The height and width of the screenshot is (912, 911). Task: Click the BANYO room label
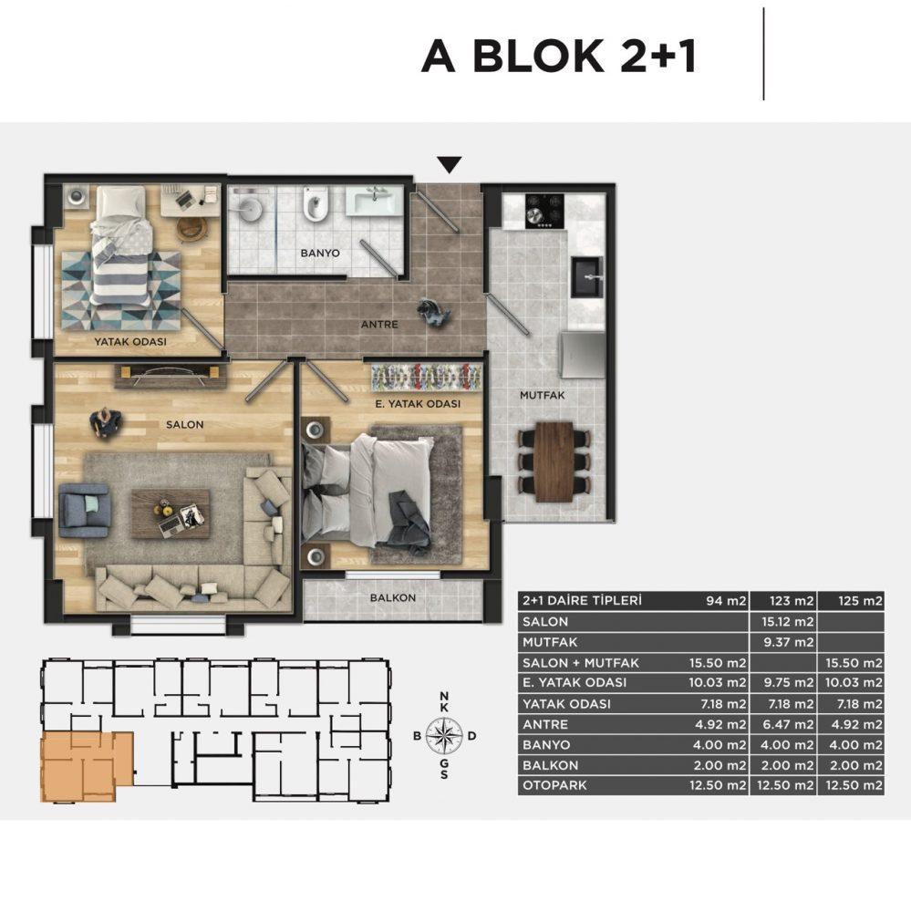[x=320, y=253]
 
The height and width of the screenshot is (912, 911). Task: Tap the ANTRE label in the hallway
[x=379, y=325]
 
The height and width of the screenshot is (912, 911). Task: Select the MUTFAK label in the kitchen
[x=543, y=396]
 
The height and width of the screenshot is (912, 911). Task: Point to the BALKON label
[x=393, y=598]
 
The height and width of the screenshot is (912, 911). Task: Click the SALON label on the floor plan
[x=185, y=425]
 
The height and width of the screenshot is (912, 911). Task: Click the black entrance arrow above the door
[x=449, y=164]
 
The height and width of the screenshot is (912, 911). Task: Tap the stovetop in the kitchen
[x=544, y=211]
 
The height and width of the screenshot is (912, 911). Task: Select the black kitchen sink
[x=587, y=277]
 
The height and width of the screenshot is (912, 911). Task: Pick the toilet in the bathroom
[x=315, y=203]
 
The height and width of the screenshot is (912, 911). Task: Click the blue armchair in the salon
[x=85, y=510]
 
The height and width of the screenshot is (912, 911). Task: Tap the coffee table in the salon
[x=170, y=513]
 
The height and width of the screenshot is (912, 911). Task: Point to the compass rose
[x=444, y=735]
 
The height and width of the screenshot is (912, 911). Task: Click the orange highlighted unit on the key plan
[x=84, y=766]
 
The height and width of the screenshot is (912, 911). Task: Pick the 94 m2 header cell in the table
[x=726, y=601]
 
